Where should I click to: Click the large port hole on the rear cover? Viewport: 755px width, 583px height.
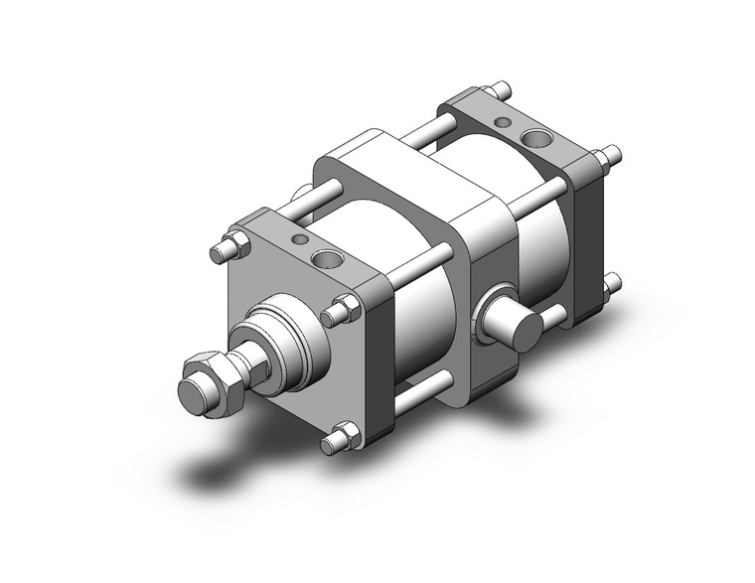[x=537, y=137]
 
